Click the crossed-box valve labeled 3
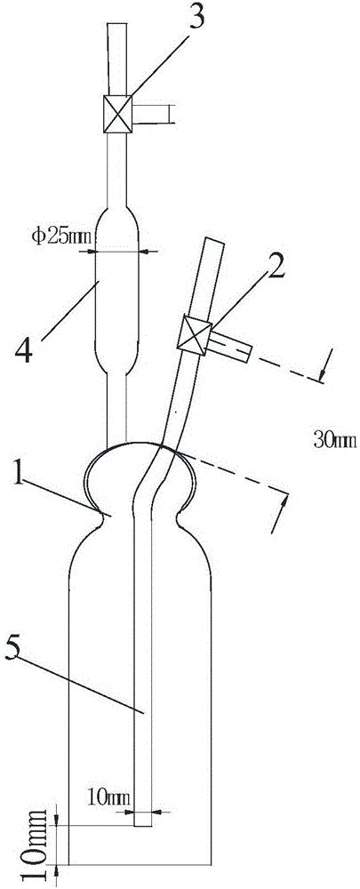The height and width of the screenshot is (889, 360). tap(118, 114)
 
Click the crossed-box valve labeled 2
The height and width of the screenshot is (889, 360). tap(195, 338)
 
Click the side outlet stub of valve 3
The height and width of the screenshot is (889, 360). tap(151, 114)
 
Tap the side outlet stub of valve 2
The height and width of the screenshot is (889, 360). tap(229, 347)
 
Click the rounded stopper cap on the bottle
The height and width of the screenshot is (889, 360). tap(141, 477)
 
